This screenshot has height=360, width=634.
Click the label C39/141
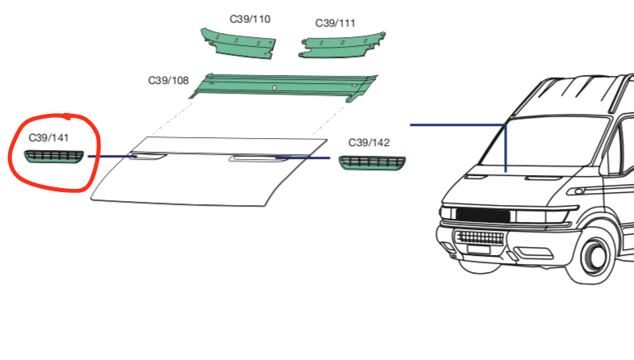pos(48,137)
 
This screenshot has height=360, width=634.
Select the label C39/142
pos(369,143)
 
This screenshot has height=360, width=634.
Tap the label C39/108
pos(168,81)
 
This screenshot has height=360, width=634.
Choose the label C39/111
pos(334,23)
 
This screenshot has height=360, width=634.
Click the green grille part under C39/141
pos(52,155)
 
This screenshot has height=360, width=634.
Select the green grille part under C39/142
pos(373,163)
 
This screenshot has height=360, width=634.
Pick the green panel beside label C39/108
pos(283,86)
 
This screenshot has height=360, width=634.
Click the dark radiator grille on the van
pos(483,216)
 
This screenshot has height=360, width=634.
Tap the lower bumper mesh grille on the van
pos(478,240)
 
